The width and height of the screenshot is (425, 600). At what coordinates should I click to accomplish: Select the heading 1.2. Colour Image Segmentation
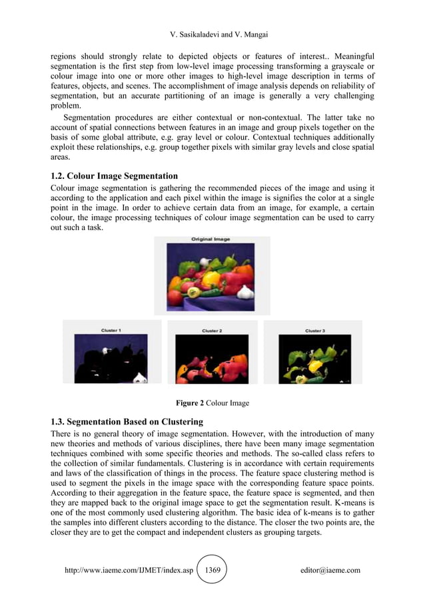click(115, 176)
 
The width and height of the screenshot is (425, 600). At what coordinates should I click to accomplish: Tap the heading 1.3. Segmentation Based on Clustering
click(127, 421)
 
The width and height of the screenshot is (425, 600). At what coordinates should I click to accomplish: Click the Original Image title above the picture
click(211, 239)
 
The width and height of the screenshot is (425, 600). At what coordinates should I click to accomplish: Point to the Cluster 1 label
click(111, 330)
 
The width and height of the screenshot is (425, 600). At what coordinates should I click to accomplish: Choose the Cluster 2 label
click(212, 330)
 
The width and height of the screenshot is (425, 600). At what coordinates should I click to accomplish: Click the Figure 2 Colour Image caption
click(212, 403)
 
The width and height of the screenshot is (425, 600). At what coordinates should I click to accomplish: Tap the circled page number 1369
click(212, 570)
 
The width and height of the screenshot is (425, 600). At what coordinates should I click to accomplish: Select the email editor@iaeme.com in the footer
click(330, 570)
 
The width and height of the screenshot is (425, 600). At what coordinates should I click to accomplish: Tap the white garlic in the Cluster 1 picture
click(140, 377)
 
